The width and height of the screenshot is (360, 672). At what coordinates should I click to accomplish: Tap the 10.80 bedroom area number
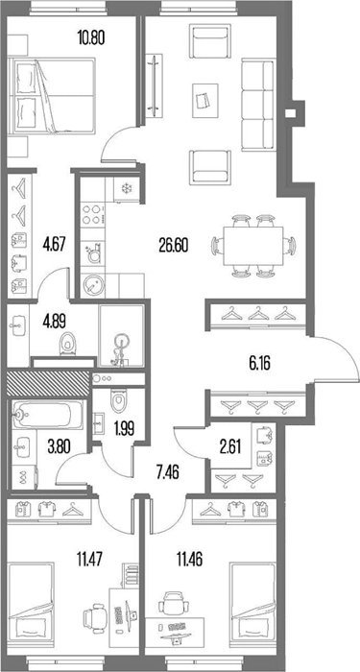pos(91,38)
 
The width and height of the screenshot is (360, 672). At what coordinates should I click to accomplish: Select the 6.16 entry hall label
pos(260,365)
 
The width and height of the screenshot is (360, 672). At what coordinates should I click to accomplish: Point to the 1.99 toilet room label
pos(124,428)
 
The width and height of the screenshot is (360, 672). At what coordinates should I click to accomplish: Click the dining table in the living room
pos(252,246)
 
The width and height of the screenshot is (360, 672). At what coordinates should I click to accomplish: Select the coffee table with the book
pos(204,101)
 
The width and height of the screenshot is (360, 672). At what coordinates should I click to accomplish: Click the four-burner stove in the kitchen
pos(93,215)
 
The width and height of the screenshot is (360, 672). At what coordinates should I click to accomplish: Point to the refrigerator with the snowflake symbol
pos(127,189)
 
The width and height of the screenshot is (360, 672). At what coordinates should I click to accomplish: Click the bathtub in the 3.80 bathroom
pos(47,415)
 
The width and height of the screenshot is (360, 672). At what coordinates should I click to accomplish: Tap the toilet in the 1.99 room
pos(116,401)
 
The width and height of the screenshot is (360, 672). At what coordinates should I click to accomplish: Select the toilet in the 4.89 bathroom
pos(68,344)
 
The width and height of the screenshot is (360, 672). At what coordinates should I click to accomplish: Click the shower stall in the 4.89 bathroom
pos(121,336)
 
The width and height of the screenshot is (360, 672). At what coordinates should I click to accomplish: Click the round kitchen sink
pos(93,284)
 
